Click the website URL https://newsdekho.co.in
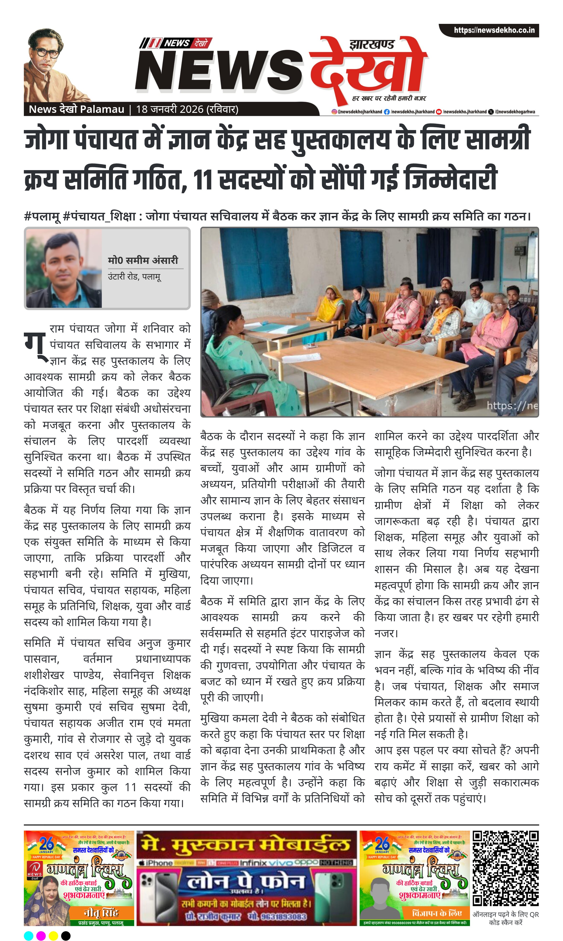[x=494, y=30]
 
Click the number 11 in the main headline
[x=203, y=179]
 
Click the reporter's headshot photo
[x=64, y=268]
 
